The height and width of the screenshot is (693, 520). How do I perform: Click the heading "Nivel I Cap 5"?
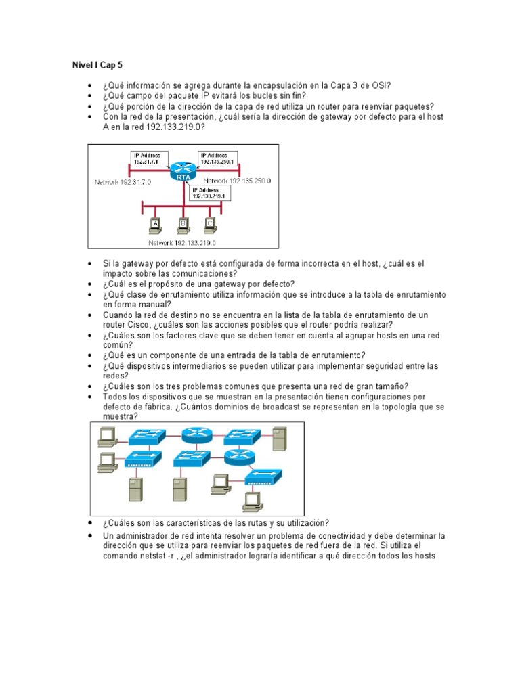tap(97, 65)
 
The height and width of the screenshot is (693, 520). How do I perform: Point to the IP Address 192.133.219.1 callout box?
tap(210, 193)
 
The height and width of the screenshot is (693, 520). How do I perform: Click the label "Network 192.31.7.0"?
tap(123, 182)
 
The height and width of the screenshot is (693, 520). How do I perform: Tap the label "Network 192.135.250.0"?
tap(237, 181)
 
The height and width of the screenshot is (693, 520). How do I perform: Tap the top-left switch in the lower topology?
tap(144, 437)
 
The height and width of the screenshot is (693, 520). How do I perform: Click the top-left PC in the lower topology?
tap(106, 437)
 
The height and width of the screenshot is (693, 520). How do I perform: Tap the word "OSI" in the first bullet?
tap(381, 85)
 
